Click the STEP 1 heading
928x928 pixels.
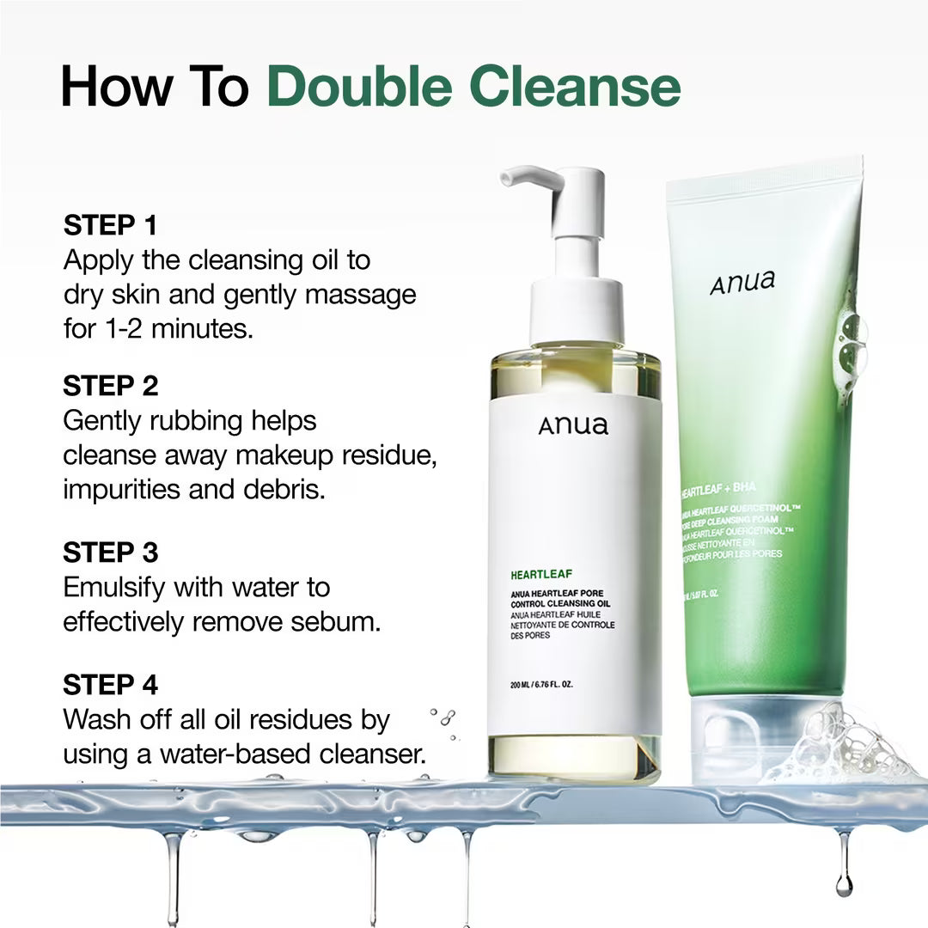pyautogui.click(x=110, y=226)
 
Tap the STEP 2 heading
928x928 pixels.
pyautogui.click(x=110, y=386)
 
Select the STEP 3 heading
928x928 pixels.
pyautogui.click(x=110, y=553)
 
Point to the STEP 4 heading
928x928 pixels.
pyautogui.click(x=110, y=685)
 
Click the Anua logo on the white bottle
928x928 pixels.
pyautogui.click(x=573, y=424)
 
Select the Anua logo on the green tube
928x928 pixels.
pyautogui.click(x=742, y=282)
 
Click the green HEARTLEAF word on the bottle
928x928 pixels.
pyautogui.click(x=540, y=574)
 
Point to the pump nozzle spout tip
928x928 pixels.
pyautogui.click(x=506, y=178)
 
